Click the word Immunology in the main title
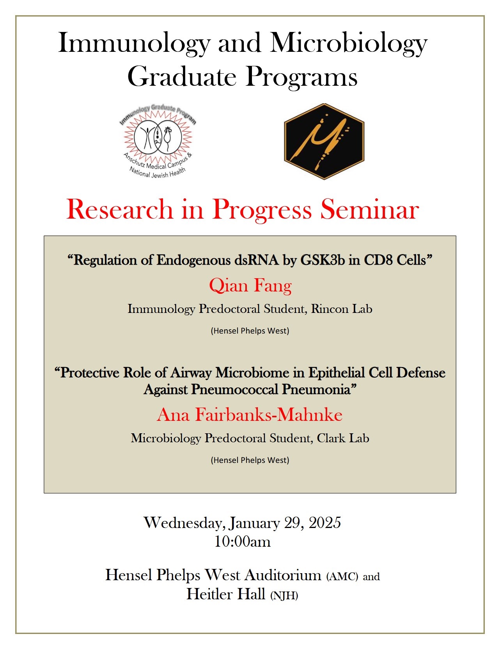(134, 43)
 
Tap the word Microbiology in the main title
(349, 43)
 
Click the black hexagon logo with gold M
(324, 141)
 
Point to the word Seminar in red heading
(369, 210)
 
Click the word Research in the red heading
(120, 210)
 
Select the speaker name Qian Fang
(250, 286)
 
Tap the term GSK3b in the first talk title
(323, 260)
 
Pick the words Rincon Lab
(341, 309)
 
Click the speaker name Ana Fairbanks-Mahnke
(250, 415)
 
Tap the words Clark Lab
(343, 438)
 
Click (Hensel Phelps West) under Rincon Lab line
(250, 331)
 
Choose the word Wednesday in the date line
(184, 523)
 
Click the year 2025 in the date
(325, 523)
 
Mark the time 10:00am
(242, 542)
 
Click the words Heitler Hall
(226, 594)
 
